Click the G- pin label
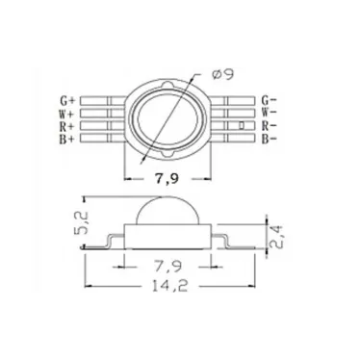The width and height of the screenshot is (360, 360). point(270,100)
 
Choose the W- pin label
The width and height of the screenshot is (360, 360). point(270,113)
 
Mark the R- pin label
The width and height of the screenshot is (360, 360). point(270,125)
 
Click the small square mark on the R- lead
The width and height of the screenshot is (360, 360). point(241,125)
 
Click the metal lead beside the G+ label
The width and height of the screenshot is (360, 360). point(104,100)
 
